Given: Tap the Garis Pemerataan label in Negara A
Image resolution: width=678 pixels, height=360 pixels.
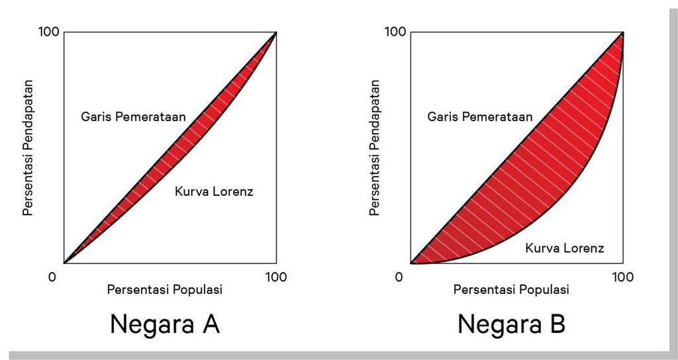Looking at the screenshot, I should (x=133, y=116).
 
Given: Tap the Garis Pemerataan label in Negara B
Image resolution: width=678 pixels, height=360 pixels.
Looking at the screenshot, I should (x=479, y=116).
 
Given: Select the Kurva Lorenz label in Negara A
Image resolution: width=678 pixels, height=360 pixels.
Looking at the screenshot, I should (x=214, y=192).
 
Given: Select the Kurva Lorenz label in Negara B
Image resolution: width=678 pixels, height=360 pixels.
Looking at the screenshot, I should (x=564, y=248).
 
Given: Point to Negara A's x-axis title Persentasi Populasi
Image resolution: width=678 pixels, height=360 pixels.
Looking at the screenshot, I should (x=164, y=290).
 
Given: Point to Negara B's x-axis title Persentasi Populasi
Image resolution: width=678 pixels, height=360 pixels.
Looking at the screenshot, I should (x=510, y=290).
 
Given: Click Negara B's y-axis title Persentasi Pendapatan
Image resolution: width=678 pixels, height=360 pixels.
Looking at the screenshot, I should (x=375, y=148).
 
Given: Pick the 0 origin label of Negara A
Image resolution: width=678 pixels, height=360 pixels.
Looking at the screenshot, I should (x=52, y=277).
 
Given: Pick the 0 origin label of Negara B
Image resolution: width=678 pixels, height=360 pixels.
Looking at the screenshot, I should (x=399, y=277).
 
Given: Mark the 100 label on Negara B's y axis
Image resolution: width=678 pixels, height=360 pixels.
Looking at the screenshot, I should (x=395, y=32).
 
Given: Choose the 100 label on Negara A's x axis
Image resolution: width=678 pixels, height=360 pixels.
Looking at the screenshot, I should (x=276, y=277).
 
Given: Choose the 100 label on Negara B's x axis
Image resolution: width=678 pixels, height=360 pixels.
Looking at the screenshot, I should (x=622, y=277).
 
